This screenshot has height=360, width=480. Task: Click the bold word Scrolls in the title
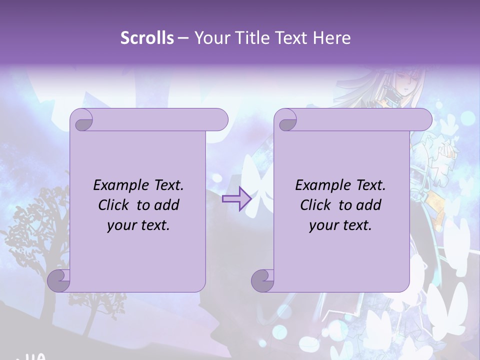(147, 38)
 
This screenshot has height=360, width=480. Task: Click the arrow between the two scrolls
(236, 199)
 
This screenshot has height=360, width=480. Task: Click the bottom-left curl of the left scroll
(59, 280)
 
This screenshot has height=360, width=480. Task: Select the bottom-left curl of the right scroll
(262, 280)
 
